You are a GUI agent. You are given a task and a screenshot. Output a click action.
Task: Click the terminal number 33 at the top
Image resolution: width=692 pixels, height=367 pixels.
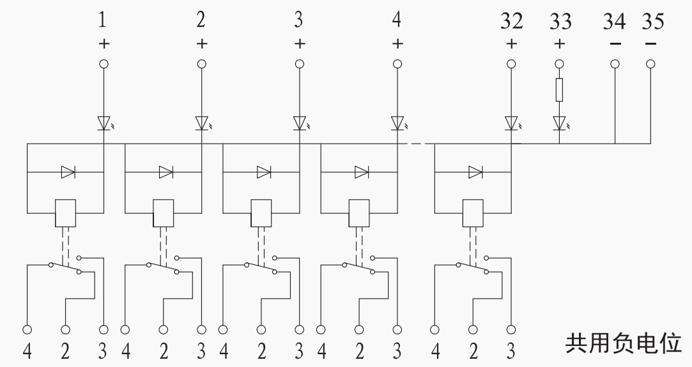click(560, 22)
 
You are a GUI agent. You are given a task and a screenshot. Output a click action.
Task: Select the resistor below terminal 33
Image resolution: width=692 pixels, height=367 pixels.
click(559, 90)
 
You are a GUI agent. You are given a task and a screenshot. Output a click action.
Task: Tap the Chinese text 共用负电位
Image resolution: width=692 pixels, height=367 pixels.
click(624, 343)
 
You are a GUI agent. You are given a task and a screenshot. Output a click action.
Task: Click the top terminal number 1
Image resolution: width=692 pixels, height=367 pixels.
click(102, 20)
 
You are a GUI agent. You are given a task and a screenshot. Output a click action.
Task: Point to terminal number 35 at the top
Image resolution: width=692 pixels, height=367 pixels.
click(653, 21)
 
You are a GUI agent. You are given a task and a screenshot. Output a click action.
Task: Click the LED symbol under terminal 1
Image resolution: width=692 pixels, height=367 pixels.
click(105, 123)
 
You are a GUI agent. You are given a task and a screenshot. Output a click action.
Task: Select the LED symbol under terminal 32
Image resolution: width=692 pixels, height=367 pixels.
click(512, 123)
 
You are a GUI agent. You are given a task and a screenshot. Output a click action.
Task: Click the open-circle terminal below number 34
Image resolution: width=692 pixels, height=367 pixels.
click(615, 64)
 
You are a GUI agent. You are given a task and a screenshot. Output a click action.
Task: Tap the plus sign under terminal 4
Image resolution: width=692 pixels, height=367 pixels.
click(397, 43)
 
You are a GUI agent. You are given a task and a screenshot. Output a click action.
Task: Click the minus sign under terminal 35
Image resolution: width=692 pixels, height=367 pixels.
click(650, 43)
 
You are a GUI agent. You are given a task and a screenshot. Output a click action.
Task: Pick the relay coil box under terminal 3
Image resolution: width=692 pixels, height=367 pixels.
click(261, 213)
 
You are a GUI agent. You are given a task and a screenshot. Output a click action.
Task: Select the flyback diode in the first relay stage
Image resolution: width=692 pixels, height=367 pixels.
click(68, 172)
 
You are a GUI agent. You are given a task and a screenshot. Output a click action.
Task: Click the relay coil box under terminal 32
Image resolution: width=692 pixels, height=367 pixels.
click(473, 213)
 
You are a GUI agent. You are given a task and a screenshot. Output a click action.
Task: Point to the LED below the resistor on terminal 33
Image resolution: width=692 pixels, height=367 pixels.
click(560, 123)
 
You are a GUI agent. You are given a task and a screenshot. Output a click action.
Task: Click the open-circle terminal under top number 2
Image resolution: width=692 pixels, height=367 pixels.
click(202, 64)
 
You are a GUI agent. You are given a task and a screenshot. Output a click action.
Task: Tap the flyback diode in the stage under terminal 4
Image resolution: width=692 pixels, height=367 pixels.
click(362, 172)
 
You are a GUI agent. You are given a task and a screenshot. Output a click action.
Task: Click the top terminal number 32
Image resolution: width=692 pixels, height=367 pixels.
click(512, 22)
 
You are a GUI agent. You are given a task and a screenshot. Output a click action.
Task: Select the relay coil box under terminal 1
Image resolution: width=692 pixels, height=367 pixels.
click(65, 213)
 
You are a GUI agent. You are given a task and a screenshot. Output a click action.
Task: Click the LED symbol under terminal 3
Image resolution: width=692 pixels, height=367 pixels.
click(300, 123)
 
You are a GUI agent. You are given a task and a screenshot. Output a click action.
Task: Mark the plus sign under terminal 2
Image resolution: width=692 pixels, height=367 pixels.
click(202, 43)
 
